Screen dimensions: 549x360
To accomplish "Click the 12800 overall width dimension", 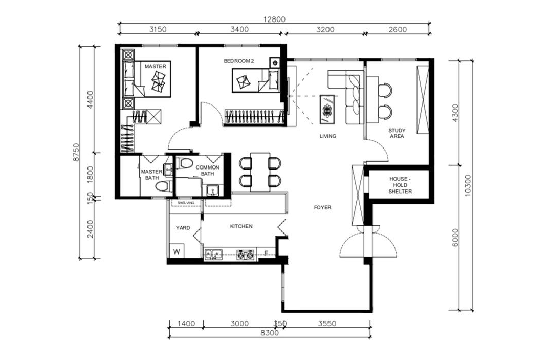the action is tap(274, 19).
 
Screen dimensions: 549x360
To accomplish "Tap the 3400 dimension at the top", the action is tap(239, 29).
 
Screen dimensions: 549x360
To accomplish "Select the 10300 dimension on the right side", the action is tap(468, 185).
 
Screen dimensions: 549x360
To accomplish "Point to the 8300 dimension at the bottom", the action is tap(270, 333).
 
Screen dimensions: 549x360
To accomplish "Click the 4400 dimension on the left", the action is tap(90, 99).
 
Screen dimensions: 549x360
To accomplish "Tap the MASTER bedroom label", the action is tap(156, 66).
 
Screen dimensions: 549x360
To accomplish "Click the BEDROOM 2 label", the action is tap(239, 61).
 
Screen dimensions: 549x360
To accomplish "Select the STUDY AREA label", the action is tap(397, 133).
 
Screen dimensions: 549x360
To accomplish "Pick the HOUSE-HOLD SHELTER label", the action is tap(400, 185).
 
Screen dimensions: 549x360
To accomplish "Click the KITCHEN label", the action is tap(241, 226).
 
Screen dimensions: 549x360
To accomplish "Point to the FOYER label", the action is tap(322, 207).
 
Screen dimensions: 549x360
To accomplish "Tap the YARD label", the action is tap(183, 228).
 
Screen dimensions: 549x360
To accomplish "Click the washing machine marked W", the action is tap(177, 251).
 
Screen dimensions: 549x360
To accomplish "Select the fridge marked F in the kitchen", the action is tap(266, 253).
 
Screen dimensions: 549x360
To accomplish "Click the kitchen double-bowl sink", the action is tap(213, 255).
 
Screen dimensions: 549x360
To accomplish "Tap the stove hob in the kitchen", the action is tap(245, 255).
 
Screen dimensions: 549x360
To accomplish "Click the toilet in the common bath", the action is tap(185, 163).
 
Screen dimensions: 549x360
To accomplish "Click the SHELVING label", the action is tap(186, 203).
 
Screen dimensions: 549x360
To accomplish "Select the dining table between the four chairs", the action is tap(260, 172).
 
